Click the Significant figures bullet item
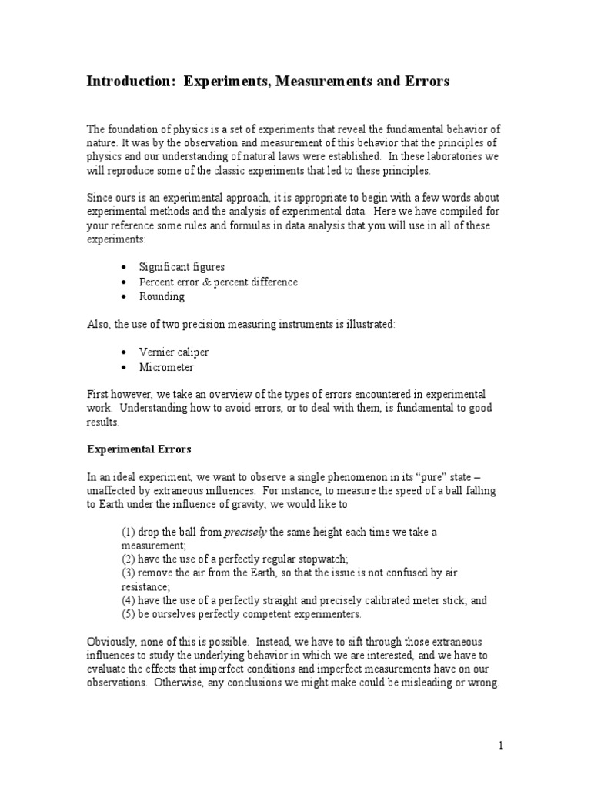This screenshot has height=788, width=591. [182, 267]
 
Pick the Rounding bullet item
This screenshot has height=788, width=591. [162, 296]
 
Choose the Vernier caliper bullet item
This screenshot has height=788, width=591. [174, 352]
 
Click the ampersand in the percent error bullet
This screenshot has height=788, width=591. [210, 282]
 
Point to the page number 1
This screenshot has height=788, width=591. [500, 745]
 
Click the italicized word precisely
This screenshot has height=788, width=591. [245, 532]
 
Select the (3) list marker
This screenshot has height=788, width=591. [129, 573]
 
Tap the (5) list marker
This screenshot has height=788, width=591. [129, 614]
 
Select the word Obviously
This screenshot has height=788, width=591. [112, 642]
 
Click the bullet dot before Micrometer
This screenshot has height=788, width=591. [125, 367]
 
